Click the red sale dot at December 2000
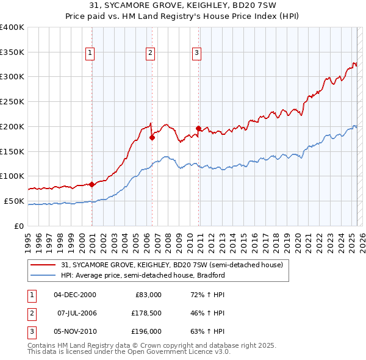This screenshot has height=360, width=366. [x=91, y=184]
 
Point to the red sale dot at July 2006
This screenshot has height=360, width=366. [x=152, y=137]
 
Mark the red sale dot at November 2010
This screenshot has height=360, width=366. [x=199, y=128]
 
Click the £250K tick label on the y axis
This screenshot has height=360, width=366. [x=12, y=101]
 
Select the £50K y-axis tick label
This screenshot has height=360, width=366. [x=14, y=201]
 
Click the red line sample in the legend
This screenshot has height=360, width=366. [x=43, y=265]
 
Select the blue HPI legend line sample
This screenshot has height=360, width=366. [x=43, y=275]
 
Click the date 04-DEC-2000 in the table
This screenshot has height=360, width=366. [x=75, y=295]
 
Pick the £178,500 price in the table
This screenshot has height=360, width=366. [x=146, y=313]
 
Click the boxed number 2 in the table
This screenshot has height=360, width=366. [x=30, y=313]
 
